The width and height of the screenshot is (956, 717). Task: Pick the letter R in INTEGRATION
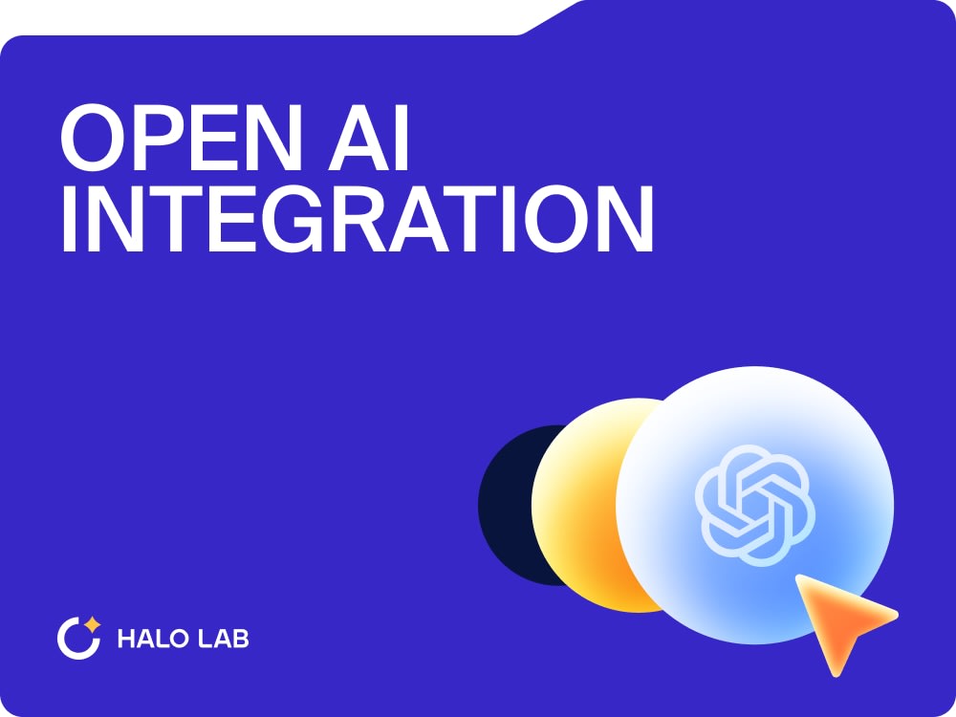380,220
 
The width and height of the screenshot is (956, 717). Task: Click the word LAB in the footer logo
224,639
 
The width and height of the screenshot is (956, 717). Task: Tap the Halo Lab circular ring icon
76,640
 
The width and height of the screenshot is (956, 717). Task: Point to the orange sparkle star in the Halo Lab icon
92,625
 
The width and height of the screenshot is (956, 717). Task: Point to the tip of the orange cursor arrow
800,578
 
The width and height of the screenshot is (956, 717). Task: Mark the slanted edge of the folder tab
553,17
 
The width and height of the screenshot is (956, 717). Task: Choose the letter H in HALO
125,639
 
